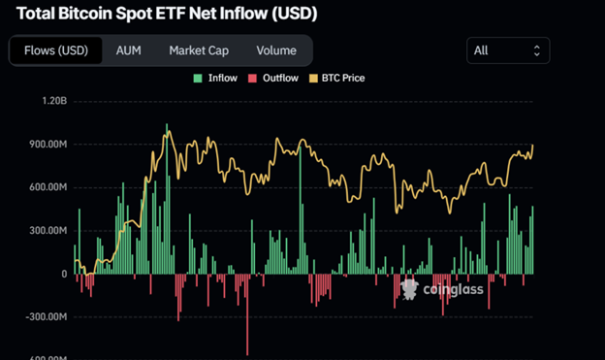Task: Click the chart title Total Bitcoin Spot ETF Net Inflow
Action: pyautogui.click(x=167, y=16)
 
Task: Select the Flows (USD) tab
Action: pyautogui.click(x=55, y=50)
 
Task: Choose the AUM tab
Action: pyautogui.click(x=128, y=50)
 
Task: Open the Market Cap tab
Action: pyautogui.click(x=199, y=50)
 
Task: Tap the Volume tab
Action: pyautogui.click(x=276, y=50)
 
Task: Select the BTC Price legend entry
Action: pyautogui.click(x=339, y=78)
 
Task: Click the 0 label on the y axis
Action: pyautogui.click(x=63, y=274)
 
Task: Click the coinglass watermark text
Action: pyautogui.click(x=447, y=288)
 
